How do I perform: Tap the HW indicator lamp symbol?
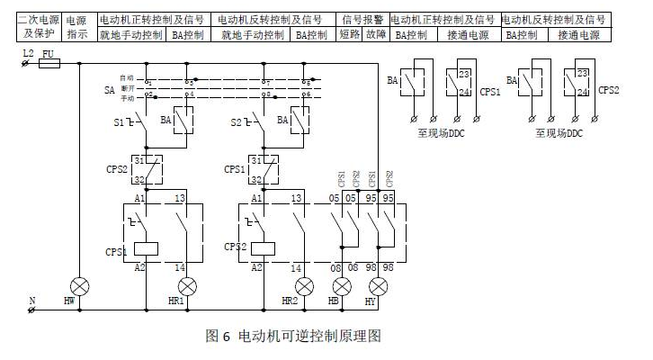point(79,285)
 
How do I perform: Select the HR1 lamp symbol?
point(186,285)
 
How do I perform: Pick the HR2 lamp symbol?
point(305,285)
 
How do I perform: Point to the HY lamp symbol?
point(378,285)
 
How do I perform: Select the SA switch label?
point(109,91)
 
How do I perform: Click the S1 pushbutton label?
point(119,121)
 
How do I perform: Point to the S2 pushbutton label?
point(237,121)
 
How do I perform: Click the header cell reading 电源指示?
point(76,27)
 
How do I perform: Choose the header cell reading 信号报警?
point(363,19)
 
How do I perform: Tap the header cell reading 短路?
point(350,35)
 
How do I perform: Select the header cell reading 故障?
point(377,35)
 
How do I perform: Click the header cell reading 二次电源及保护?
point(37,27)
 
